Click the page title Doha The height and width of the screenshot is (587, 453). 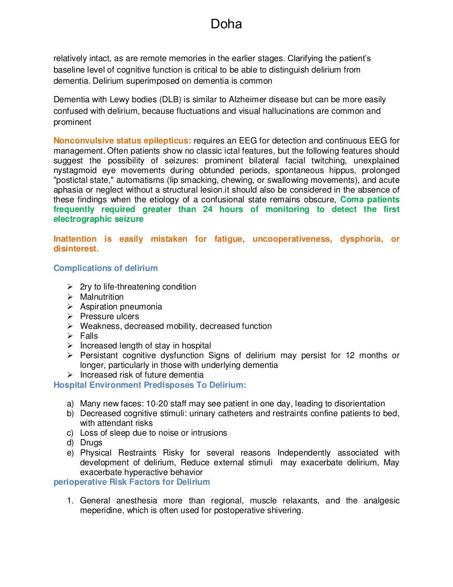click(226, 24)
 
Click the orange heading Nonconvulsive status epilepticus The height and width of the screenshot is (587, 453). click(122, 141)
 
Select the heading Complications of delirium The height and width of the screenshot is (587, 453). click(105, 268)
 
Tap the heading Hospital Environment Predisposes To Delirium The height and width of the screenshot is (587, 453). click(150, 385)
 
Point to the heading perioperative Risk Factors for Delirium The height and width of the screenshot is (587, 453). click(131, 482)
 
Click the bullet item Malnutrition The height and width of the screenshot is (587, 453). click(102, 297)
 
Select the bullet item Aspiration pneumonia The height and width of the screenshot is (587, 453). click(121, 307)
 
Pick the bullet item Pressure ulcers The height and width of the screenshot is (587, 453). click(109, 317)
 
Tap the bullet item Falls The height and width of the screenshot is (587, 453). click(89, 336)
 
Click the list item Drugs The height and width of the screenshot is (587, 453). click(91, 443)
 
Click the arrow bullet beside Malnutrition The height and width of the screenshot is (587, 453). click(70, 297)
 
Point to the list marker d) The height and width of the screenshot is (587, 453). click(70, 443)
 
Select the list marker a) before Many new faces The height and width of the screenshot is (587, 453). click(70, 404)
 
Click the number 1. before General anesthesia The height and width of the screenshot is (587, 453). click(70, 501)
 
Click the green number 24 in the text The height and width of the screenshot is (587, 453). click(207, 209)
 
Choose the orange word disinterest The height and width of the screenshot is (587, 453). click(76, 249)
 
